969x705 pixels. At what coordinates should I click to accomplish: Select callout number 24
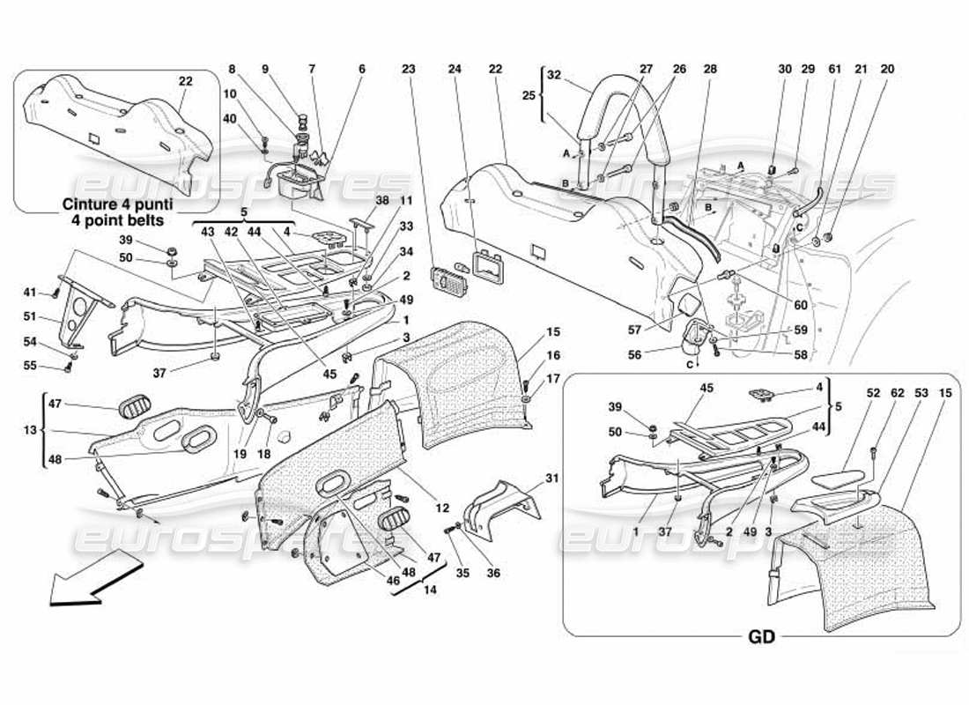tap(455, 69)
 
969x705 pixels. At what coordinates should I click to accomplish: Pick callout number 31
tap(552, 479)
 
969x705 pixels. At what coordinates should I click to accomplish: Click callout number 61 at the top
tap(834, 69)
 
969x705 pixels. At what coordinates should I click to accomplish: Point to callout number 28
tap(710, 69)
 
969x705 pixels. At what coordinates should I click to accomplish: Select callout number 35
tap(462, 574)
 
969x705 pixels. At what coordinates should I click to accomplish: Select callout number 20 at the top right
tap(887, 69)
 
